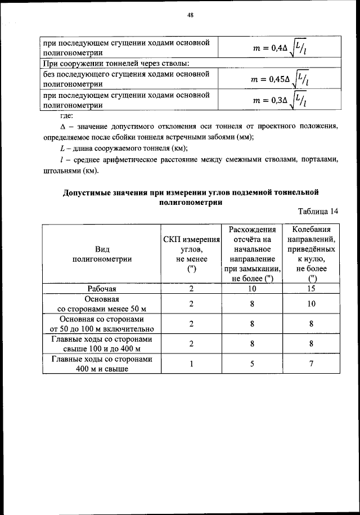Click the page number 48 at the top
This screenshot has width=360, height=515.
tap(190, 16)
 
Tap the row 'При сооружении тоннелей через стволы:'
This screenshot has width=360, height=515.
tap(116, 63)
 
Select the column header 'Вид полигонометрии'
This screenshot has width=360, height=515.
tap(102, 254)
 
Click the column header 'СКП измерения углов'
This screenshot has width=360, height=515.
tap(191, 254)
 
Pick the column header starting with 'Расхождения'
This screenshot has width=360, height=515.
tap(252, 254)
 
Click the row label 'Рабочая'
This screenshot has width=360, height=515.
tap(102, 289)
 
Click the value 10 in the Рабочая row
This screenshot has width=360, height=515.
tap(252, 289)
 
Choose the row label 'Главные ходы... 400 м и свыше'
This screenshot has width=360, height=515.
tap(102, 364)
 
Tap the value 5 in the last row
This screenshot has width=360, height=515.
tap(252, 364)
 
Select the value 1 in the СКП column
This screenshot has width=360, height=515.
tap(191, 364)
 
